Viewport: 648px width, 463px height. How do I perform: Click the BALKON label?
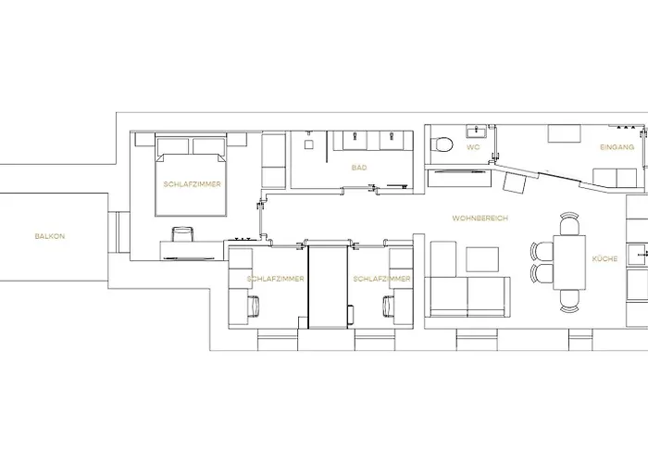[50, 237]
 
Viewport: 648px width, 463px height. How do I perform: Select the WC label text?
[473, 148]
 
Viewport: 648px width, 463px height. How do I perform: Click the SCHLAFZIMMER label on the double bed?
[191, 185]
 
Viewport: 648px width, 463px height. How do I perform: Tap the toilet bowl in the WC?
[443, 144]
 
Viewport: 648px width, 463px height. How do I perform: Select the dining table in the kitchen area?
[568, 262]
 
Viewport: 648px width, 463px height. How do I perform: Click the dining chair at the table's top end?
[568, 222]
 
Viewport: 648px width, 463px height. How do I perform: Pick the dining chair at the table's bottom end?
[568, 299]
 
